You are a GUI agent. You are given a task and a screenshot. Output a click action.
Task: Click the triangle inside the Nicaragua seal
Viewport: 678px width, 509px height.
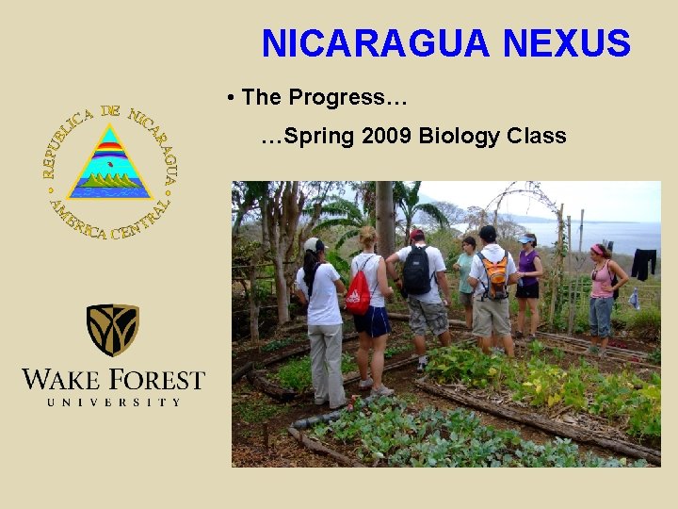111,164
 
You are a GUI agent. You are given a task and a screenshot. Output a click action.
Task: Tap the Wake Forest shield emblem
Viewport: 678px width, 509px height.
113,330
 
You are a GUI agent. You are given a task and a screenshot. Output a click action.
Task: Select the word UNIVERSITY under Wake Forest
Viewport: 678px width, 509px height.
113,402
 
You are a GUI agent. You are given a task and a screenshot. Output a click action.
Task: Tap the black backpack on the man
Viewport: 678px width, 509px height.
417,271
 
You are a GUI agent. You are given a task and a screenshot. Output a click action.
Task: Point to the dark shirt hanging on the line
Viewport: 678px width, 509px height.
643,263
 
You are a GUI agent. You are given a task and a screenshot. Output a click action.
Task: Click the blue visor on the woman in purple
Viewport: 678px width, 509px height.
527,239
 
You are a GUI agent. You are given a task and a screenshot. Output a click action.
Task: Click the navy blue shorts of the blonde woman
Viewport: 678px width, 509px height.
372,321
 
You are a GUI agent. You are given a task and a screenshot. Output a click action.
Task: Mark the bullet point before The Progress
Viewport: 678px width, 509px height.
231,98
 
